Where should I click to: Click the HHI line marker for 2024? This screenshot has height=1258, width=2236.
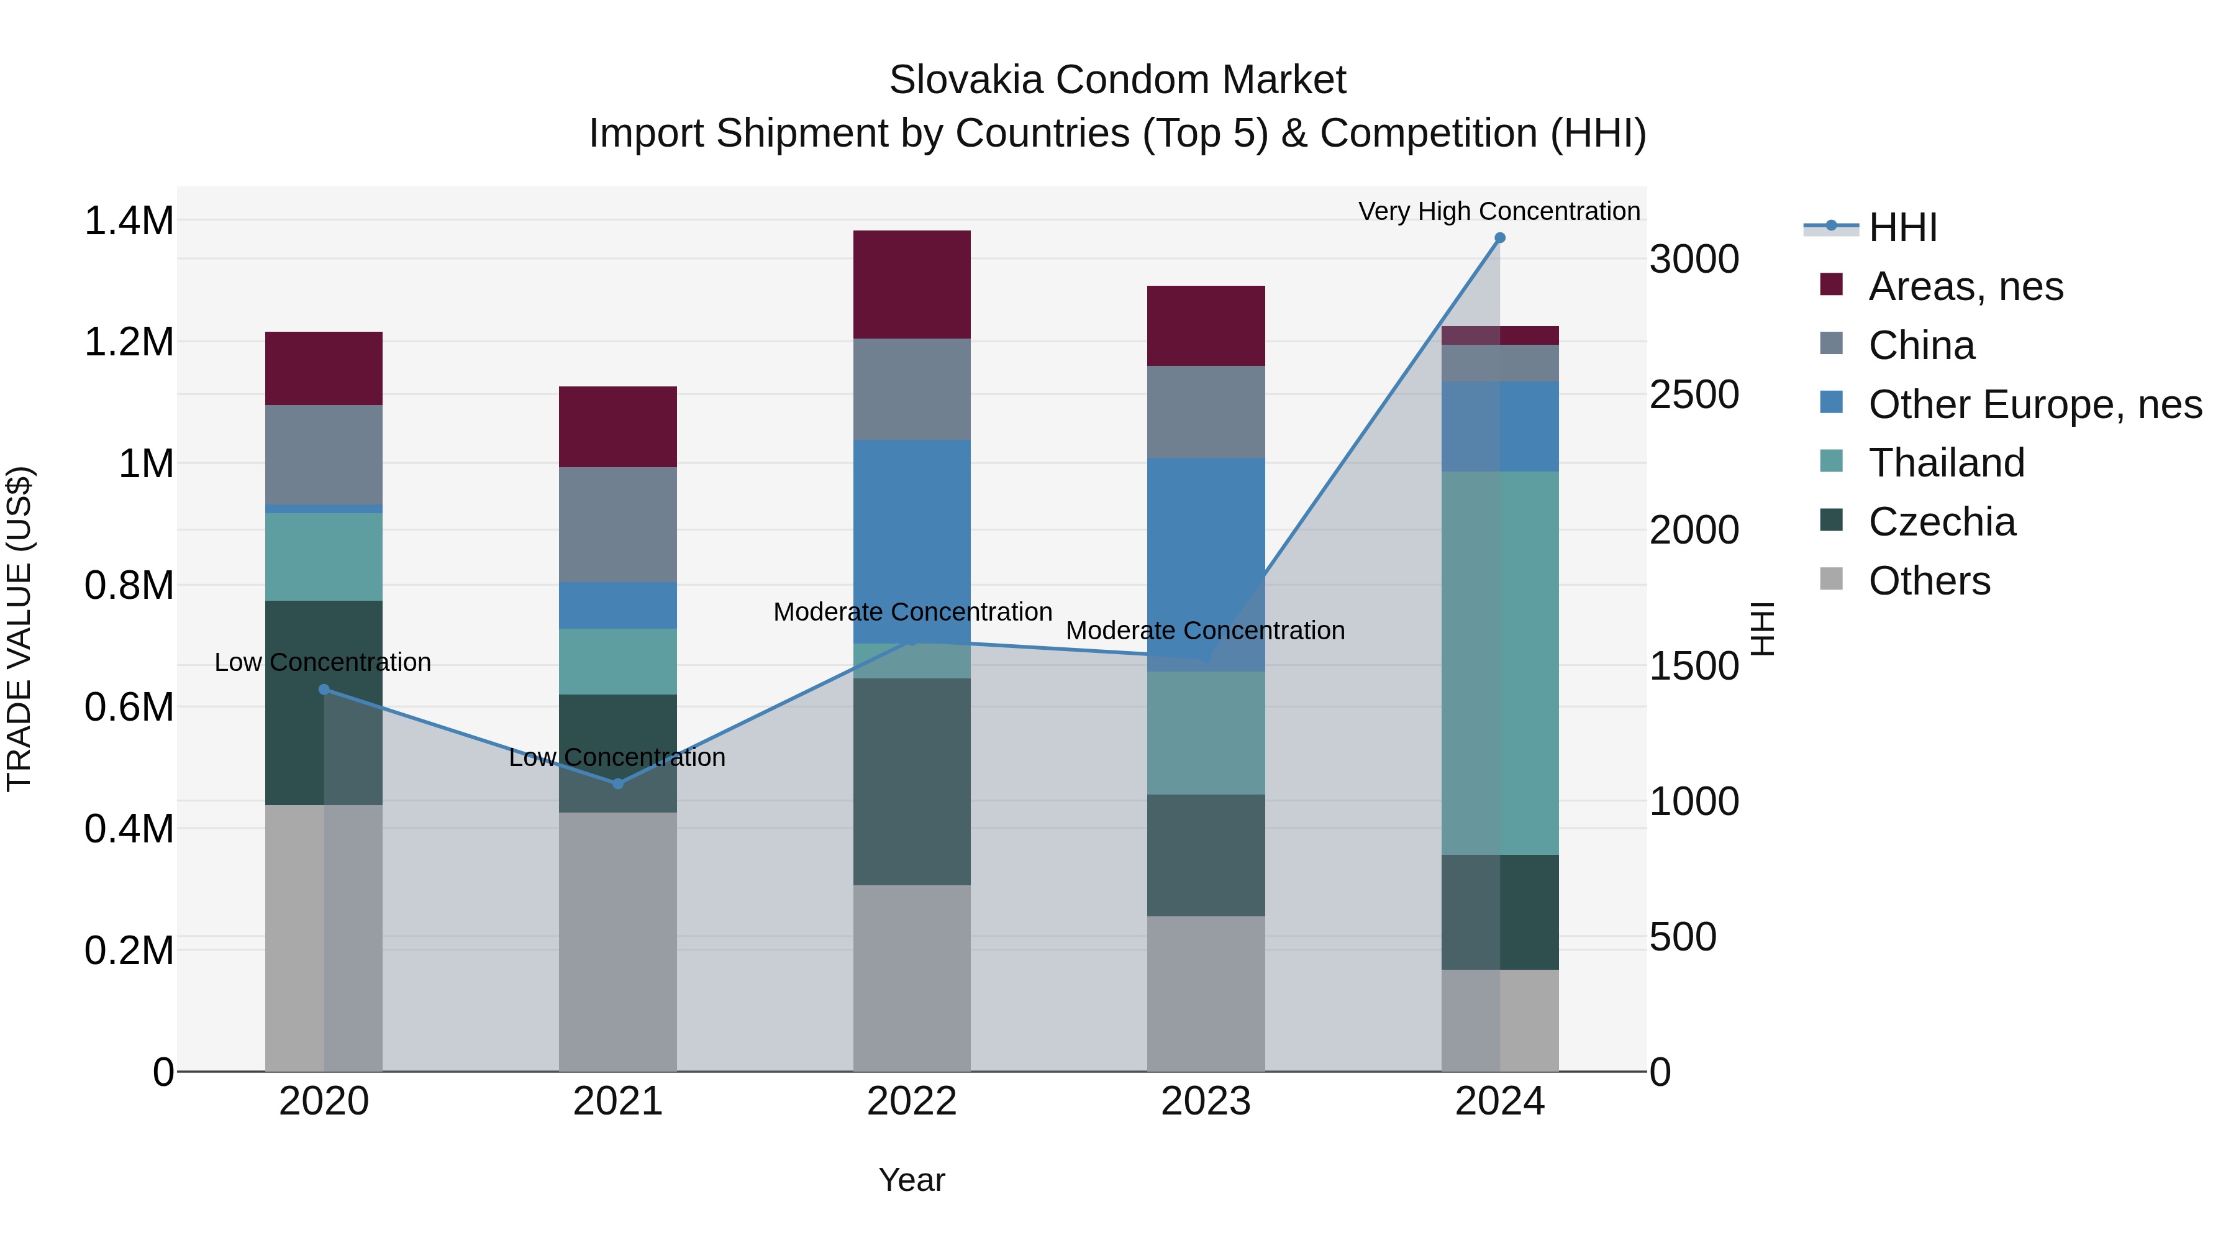point(1499,238)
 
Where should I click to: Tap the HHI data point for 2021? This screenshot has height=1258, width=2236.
point(618,784)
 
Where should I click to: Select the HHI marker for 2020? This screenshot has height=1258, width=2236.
point(324,690)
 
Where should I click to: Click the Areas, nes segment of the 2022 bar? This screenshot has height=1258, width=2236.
point(911,285)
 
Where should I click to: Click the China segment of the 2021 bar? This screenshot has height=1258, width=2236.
point(618,524)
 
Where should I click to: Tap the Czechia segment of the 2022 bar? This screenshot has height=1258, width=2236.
point(911,782)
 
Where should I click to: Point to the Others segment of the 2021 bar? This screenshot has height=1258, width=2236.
point(618,941)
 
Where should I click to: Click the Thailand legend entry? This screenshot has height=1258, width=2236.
point(1945,463)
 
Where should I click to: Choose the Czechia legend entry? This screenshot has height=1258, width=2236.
point(1941,522)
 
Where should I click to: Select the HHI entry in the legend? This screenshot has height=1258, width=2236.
point(1902,227)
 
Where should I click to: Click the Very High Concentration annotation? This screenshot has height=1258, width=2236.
point(1499,211)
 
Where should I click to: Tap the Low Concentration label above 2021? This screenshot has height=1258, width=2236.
point(617,757)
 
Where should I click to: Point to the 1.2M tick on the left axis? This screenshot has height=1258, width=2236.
point(129,342)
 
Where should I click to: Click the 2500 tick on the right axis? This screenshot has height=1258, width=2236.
point(1694,395)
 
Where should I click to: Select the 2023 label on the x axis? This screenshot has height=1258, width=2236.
point(1206,1101)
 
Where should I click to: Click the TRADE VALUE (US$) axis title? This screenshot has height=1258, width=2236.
point(19,629)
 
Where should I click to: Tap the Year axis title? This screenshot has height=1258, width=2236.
point(911,1180)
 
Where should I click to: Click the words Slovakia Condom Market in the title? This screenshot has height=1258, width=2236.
point(1117,80)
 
